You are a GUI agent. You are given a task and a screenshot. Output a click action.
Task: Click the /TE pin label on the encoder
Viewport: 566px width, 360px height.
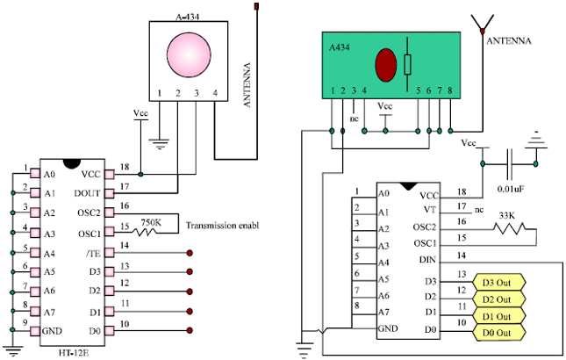pos(94,251)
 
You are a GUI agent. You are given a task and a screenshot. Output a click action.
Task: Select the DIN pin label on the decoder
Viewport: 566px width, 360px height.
pos(427,259)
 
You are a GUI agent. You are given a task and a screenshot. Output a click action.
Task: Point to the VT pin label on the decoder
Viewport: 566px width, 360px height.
pos(430,210)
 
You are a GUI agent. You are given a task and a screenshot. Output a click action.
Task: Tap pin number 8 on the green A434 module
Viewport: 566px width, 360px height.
pos(449,90)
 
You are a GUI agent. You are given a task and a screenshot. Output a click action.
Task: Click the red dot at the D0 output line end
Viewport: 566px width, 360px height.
pos(190,331)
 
